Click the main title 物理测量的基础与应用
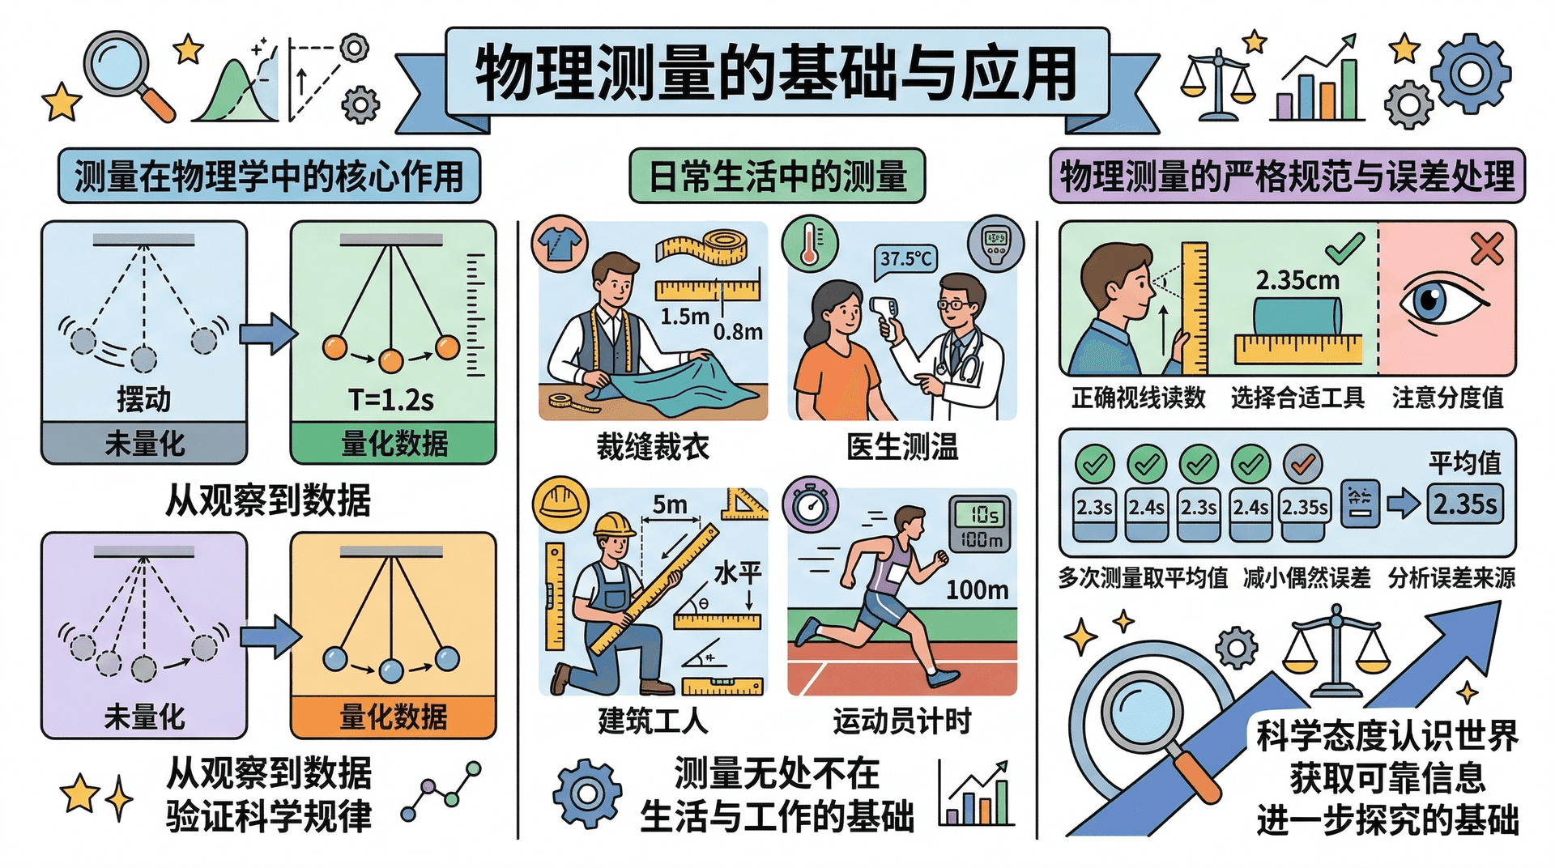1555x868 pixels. pyautogui.click(x=776, y=74)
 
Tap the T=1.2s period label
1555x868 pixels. pyautogui.click(x=391, y=399)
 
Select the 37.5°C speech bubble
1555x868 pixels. pyautogui.click(x=906, y=260)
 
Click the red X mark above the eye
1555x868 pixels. pyautogui.click(x=1487, y=249)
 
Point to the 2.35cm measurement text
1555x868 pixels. pyautogui.click(x=1297, y=281)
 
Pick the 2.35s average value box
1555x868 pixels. pyautogui.click(x=1465, y=504)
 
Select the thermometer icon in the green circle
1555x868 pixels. pyautogui.click(x=810, y=243)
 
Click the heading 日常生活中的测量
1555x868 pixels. pyautogui.click(x=777, y=176)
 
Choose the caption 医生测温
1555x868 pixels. pyautogui.click(x=902, y=446)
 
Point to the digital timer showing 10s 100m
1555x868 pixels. pyautogui.click(x=979, y=525)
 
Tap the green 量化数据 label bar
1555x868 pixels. pyautogui.click(x=394, y=443)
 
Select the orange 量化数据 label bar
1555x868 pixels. pyautogui.click(x=394, y=717)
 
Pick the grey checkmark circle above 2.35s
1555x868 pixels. pyautogui.click(x=1302, y=464)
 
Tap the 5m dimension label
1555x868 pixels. pyautogui.click(x=670, y=504)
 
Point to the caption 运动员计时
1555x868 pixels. pyautogui.click(x=902, y=721)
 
